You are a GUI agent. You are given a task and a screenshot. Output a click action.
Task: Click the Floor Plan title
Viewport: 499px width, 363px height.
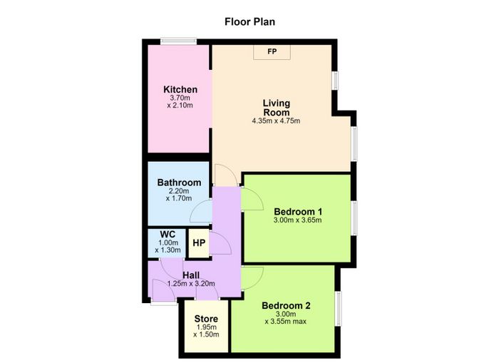[249, 21]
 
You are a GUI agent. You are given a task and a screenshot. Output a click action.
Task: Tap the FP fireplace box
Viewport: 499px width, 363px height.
[272, 52]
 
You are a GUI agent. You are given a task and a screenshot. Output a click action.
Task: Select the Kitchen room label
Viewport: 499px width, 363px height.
[180, 89]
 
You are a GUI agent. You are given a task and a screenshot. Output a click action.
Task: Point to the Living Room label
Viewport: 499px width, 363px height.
[277, 108]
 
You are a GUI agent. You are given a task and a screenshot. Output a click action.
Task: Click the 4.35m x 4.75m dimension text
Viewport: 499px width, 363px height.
[276, 121]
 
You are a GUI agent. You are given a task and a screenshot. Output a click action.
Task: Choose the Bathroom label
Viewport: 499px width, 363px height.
[179, 183]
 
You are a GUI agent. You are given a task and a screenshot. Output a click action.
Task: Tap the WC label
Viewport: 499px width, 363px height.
[168, 235]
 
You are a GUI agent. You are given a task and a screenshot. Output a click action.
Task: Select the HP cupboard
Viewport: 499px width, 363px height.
[199, 243]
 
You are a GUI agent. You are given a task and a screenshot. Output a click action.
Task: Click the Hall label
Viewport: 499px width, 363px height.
[191, 275]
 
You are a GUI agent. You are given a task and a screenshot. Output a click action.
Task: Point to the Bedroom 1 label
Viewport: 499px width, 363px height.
[298, 212]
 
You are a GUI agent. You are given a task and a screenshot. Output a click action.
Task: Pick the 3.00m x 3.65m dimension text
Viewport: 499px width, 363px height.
[297, 220]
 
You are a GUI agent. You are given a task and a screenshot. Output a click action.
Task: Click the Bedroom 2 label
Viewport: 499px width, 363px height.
[286, 306]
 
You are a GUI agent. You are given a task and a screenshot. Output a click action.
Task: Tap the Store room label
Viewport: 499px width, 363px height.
[206, 319]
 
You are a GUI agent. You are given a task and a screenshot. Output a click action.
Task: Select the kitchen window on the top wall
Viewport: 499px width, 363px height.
[178, 41]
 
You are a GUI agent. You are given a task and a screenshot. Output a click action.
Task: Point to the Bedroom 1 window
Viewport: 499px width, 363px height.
[354, 218]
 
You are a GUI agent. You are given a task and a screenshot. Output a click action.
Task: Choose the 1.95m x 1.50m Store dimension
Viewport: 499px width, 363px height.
[206, 331]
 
